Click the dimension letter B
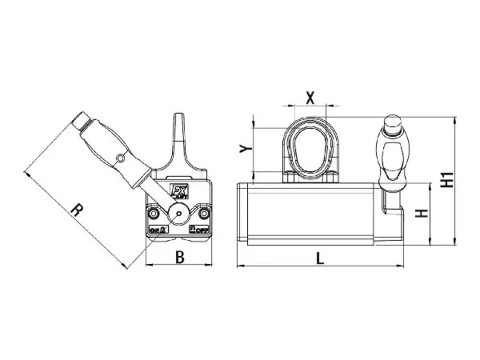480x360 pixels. (180, 258)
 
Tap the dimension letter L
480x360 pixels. (318, 258)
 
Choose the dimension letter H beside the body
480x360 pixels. (423, 214)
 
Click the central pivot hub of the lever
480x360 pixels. (178, 214)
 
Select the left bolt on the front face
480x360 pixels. (153, 214)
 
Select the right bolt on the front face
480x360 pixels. (205, 214)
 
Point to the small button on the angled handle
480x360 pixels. (120, 158)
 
